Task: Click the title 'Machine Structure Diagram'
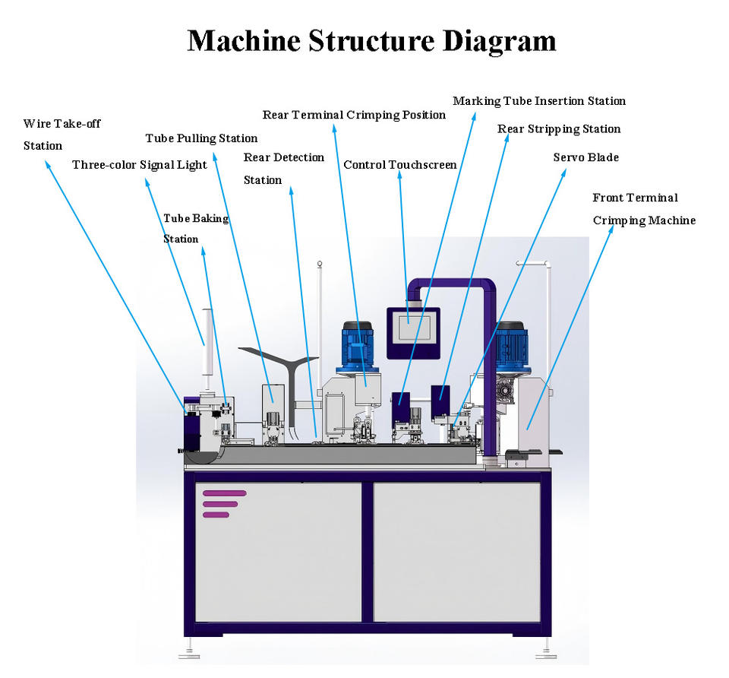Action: coord(371,41)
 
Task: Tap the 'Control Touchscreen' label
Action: coord(400,165)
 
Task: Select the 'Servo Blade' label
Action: coord(585,157)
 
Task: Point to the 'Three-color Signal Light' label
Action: coord(140,165)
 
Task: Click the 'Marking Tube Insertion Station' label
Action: coord(539,101)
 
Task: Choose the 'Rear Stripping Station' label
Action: coord(559,129)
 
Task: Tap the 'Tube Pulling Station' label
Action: coord(201,138)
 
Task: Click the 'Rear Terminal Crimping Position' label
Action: coord(354,115)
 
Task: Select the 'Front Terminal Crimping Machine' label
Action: coord(644,209)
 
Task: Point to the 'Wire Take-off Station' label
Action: coord(62,135)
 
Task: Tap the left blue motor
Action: coord(358,346)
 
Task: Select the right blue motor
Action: coord(511,346)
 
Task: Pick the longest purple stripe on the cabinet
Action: coord(225,493)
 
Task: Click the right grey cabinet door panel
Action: coord(457,552)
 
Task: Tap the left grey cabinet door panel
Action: coord(279,552)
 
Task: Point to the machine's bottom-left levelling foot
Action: coord(189,651)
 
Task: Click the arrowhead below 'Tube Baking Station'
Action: coord(204,252)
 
